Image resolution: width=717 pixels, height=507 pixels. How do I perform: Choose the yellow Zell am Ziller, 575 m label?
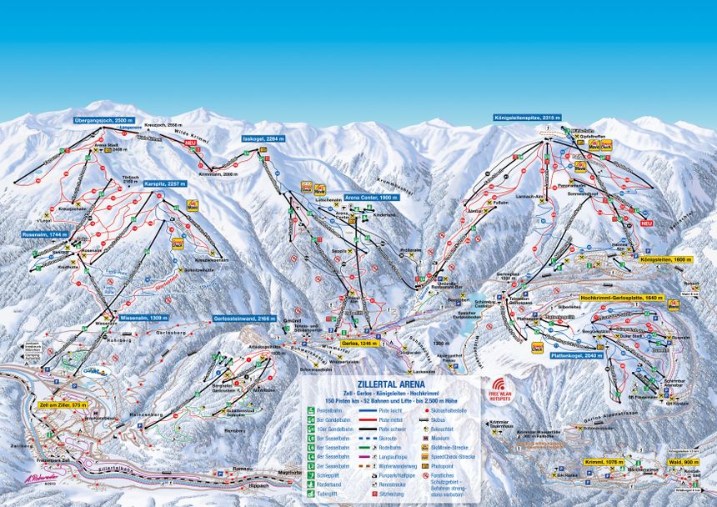pos(62,404)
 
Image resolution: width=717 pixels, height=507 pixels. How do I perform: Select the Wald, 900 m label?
pos(682,461)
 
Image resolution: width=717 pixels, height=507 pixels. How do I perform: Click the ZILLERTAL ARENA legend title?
pos(390,384)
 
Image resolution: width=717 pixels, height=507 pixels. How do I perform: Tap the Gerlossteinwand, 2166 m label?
pos(244,319)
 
